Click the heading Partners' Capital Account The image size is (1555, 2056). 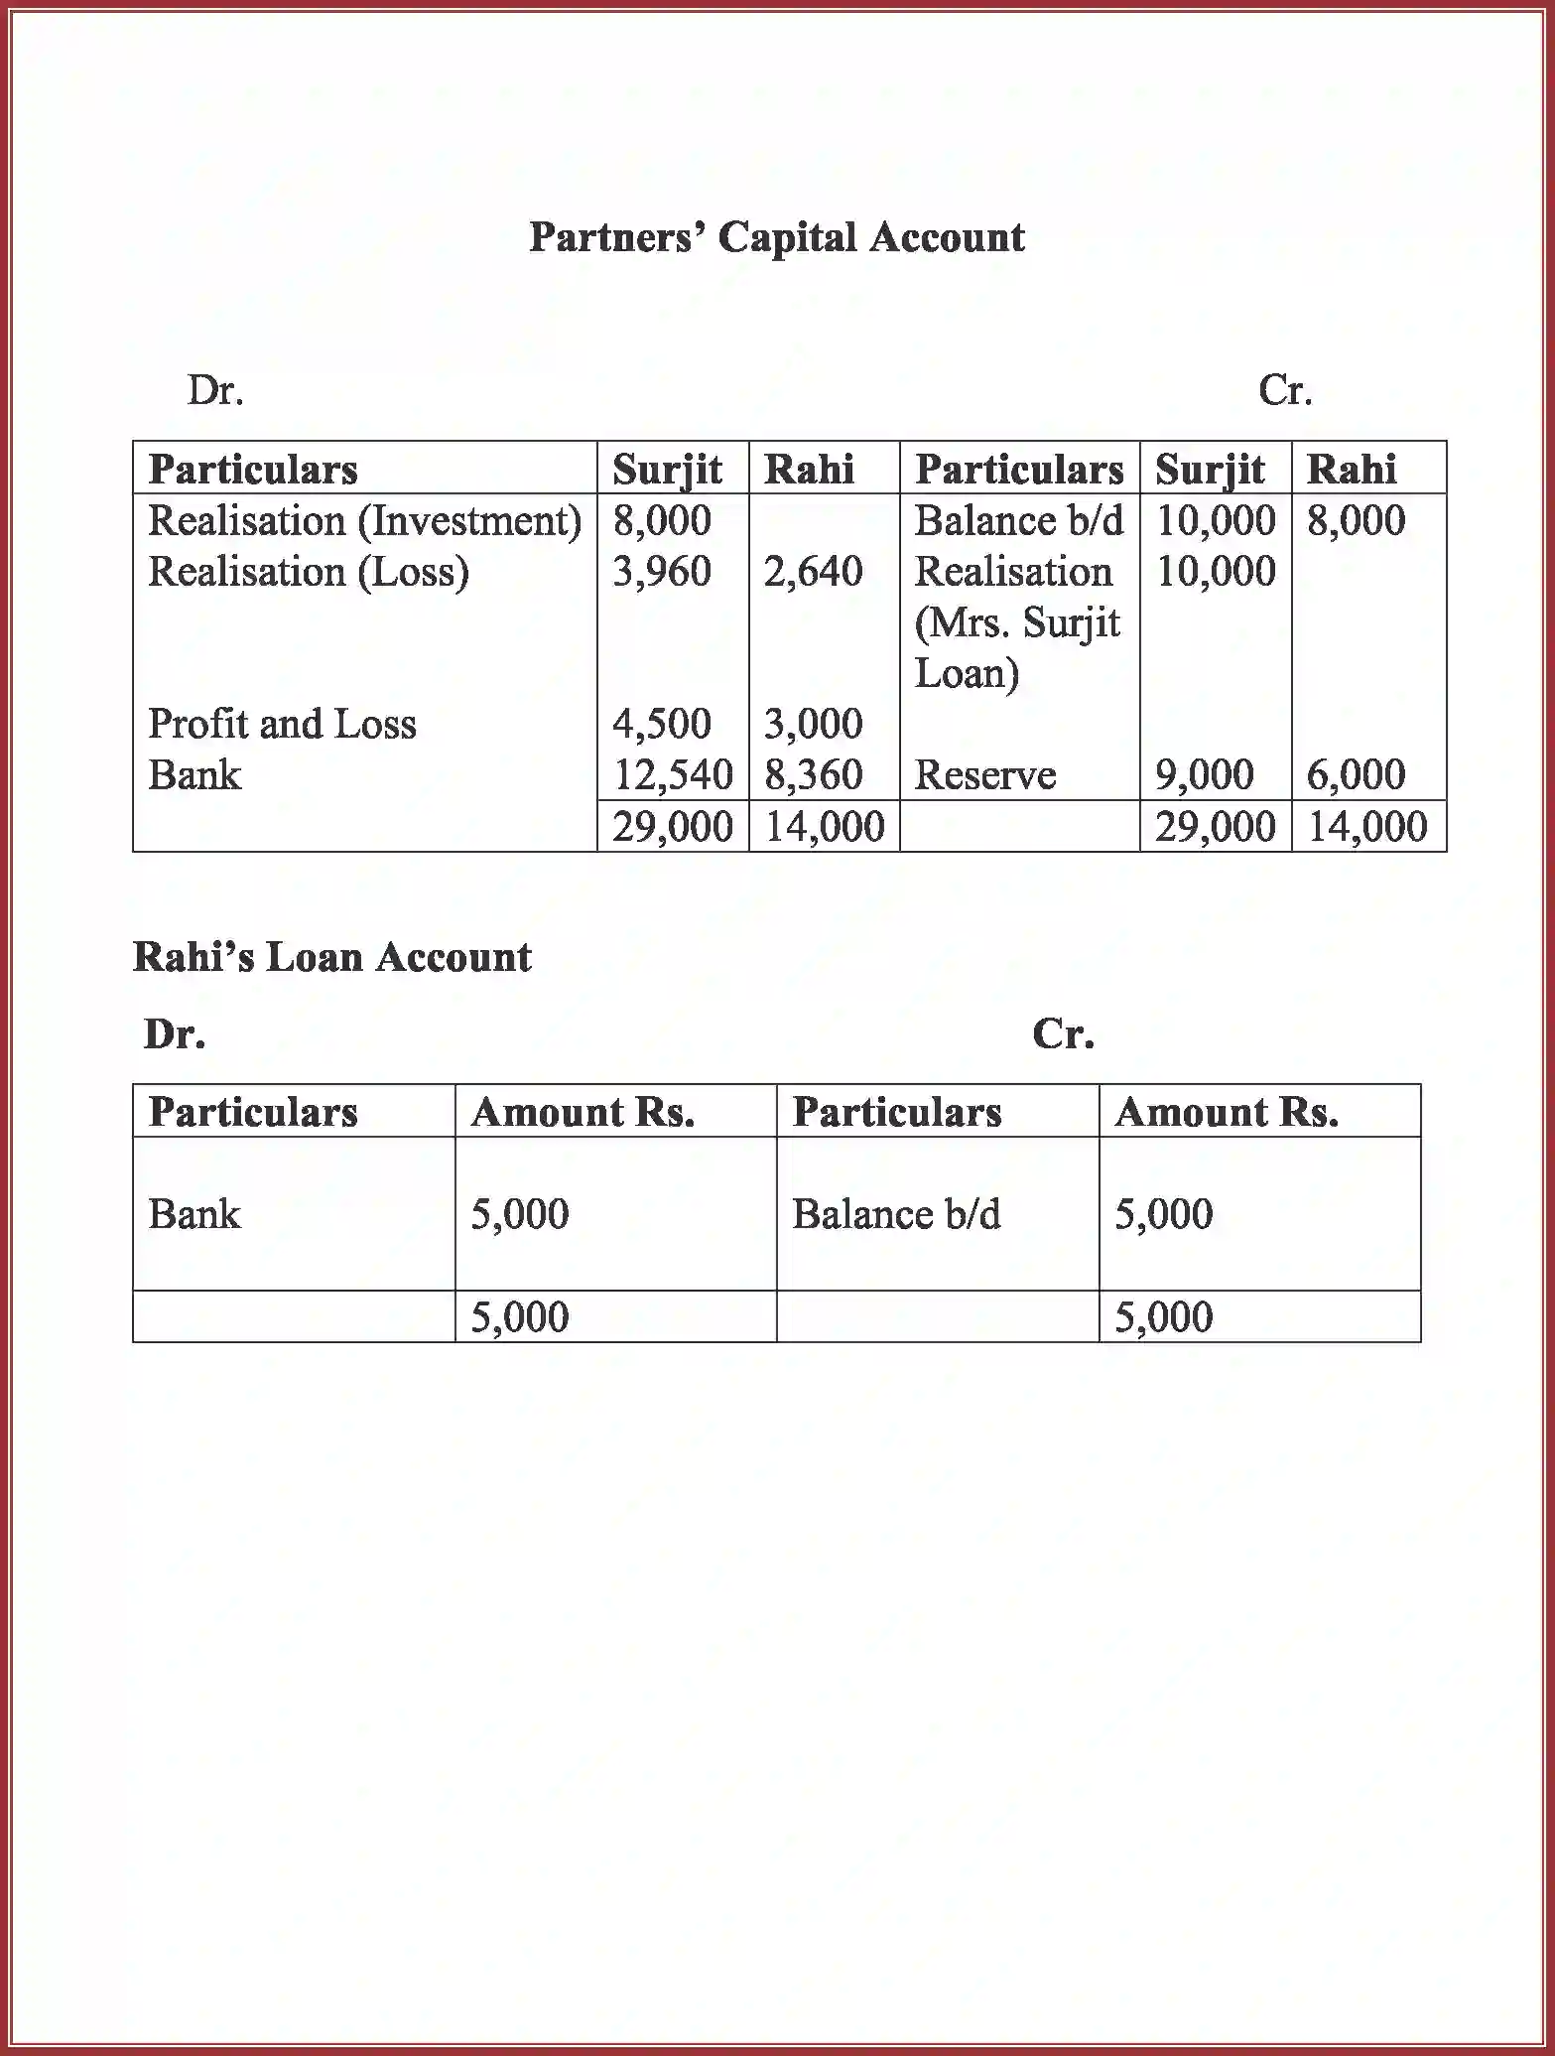click(x=776, y=237)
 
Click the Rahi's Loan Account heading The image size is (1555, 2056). click(x=331, y=957)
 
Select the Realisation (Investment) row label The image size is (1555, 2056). click(x=364, y=521)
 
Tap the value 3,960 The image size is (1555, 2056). click(x=661, y=572)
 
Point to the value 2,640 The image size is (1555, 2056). click(x=813, y=572)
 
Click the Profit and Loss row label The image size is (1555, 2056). click(x=282, y=724)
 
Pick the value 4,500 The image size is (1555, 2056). click(x=661, y=724)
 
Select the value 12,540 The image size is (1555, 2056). click(x=672, y=775)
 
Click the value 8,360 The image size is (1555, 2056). click(x=813, y=775)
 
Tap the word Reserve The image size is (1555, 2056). click(x=984, y=775)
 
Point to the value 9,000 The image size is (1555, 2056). click(x=1204, y=775)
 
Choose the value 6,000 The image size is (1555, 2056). click(x=1356, y=775)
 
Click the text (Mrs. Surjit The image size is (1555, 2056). click(x=1016, y=623)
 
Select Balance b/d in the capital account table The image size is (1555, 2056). click(x=1018, y=521)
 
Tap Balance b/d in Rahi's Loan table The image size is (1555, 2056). click(x=896, y=1214)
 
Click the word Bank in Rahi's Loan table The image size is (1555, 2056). click(x=194, y=1214)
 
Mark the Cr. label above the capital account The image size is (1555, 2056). click(x=1285, y=390)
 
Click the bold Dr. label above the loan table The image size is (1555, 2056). click(x=175, y=1034)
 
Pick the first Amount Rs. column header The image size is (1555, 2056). click(x=583, y=1112)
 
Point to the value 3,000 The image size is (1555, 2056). click(x=813, y=724)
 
